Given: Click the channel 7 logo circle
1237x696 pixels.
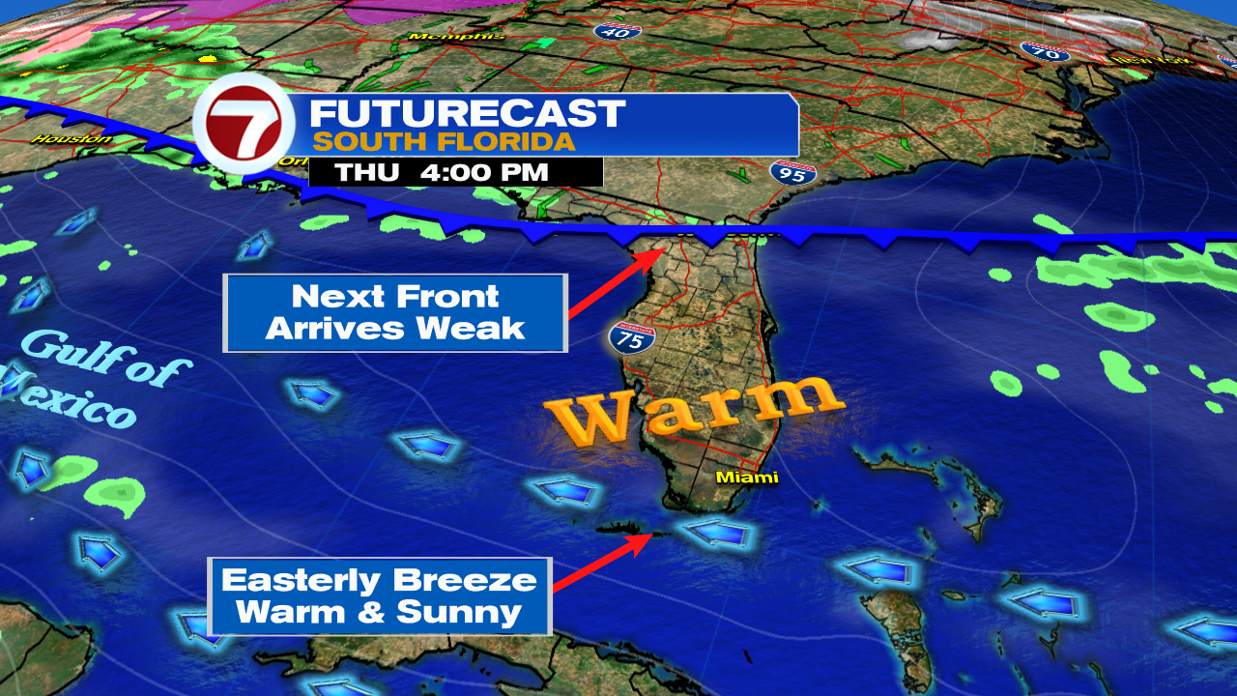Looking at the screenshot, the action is [x=243, y=124].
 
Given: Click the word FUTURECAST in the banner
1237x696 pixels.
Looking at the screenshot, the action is [x=467, y=114].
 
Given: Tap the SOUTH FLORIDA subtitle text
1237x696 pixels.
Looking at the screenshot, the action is [x=444, y=141].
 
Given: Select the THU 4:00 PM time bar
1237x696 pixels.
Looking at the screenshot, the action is [x=455, y=173].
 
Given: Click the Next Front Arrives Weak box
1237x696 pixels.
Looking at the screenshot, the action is [x=394, y=312].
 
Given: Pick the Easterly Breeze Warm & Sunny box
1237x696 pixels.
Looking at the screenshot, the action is [x=379, y=595].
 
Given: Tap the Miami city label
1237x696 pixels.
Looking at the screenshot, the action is [x=746, y=478].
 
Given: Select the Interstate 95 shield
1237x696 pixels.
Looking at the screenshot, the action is [x=790, y=174].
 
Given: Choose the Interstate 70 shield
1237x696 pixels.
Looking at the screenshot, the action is [x=1045, y=51].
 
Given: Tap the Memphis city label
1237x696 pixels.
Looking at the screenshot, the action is [x=456, y=37].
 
